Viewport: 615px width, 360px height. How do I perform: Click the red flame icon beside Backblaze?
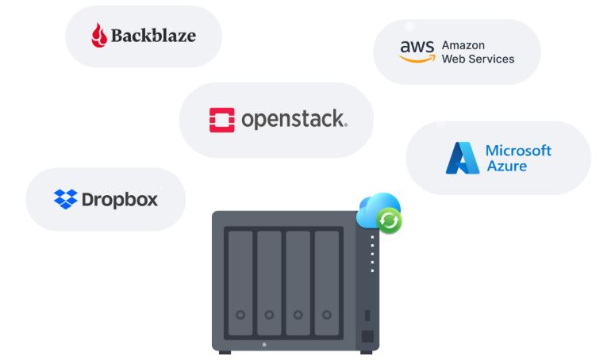tap(98, 36)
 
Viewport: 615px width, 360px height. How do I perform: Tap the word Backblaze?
tap(153, 36)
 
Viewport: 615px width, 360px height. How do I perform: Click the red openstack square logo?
tap(221, 120)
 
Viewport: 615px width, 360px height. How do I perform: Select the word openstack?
tap(294, 120)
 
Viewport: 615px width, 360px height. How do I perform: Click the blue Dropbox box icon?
tap(65, 199)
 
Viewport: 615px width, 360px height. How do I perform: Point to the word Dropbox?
tap(120, 199)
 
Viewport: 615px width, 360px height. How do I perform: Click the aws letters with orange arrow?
tap(417, 52)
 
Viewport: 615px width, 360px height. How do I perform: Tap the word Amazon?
tap(463, 45)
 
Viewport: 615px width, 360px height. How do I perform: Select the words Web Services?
tap(478, 59)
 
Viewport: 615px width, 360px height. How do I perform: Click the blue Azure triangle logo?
tap(462, 158)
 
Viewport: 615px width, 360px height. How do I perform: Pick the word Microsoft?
tap(518, 150)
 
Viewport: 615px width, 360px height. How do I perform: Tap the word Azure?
tap(506, 167)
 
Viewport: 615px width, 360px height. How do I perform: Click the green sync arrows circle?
tap(390, 220)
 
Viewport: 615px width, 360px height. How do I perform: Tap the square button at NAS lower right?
tap(367, 335)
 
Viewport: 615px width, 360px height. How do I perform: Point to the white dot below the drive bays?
tap(264, 344)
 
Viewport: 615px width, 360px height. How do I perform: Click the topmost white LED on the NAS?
tap(372, 237)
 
